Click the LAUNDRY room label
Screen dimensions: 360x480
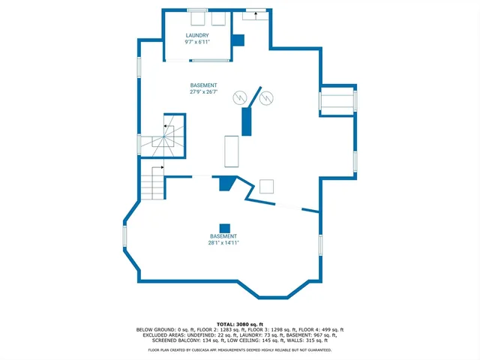[x=197, y=35]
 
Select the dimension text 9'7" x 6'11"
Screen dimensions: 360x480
[x=197, y=42]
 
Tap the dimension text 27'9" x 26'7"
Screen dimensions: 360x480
[x=203, y=92]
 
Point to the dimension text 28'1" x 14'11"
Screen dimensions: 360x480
[x=223, y=243]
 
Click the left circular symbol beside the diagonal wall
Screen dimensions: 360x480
[x=240, y=97]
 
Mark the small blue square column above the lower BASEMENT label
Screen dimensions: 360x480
[x=223, y=228]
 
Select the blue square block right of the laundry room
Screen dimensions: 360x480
[x=238, y=40]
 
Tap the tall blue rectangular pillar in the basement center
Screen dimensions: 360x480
[x=246, y=121]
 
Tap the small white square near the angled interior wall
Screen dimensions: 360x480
[x=266, y=187]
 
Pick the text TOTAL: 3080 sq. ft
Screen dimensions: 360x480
[x=239, y=323]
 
